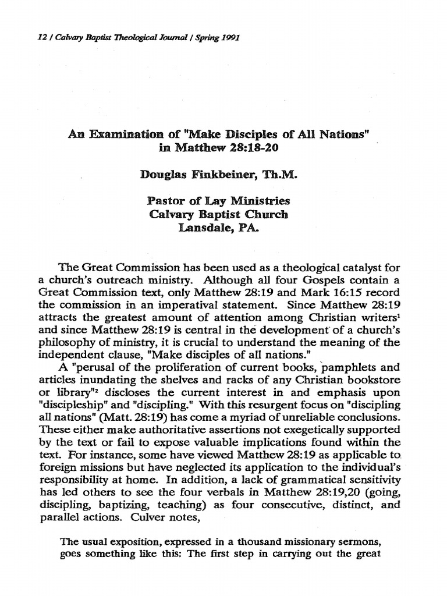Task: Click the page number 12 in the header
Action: [23, 38]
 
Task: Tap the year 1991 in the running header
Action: [229, 38]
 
